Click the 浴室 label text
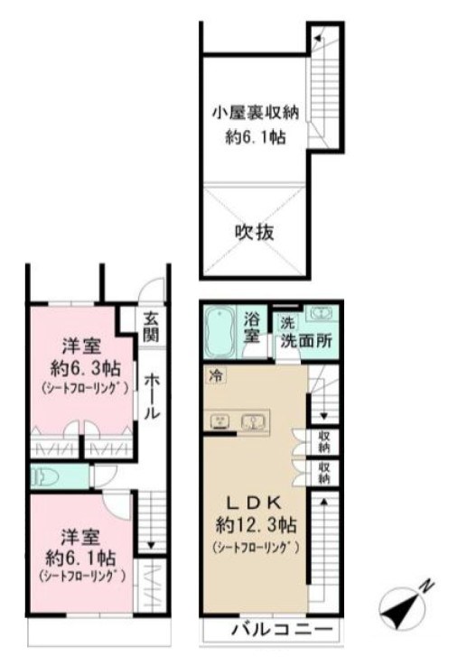(253, 327)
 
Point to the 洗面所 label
(310, 342)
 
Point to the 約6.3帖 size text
(80, 367)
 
